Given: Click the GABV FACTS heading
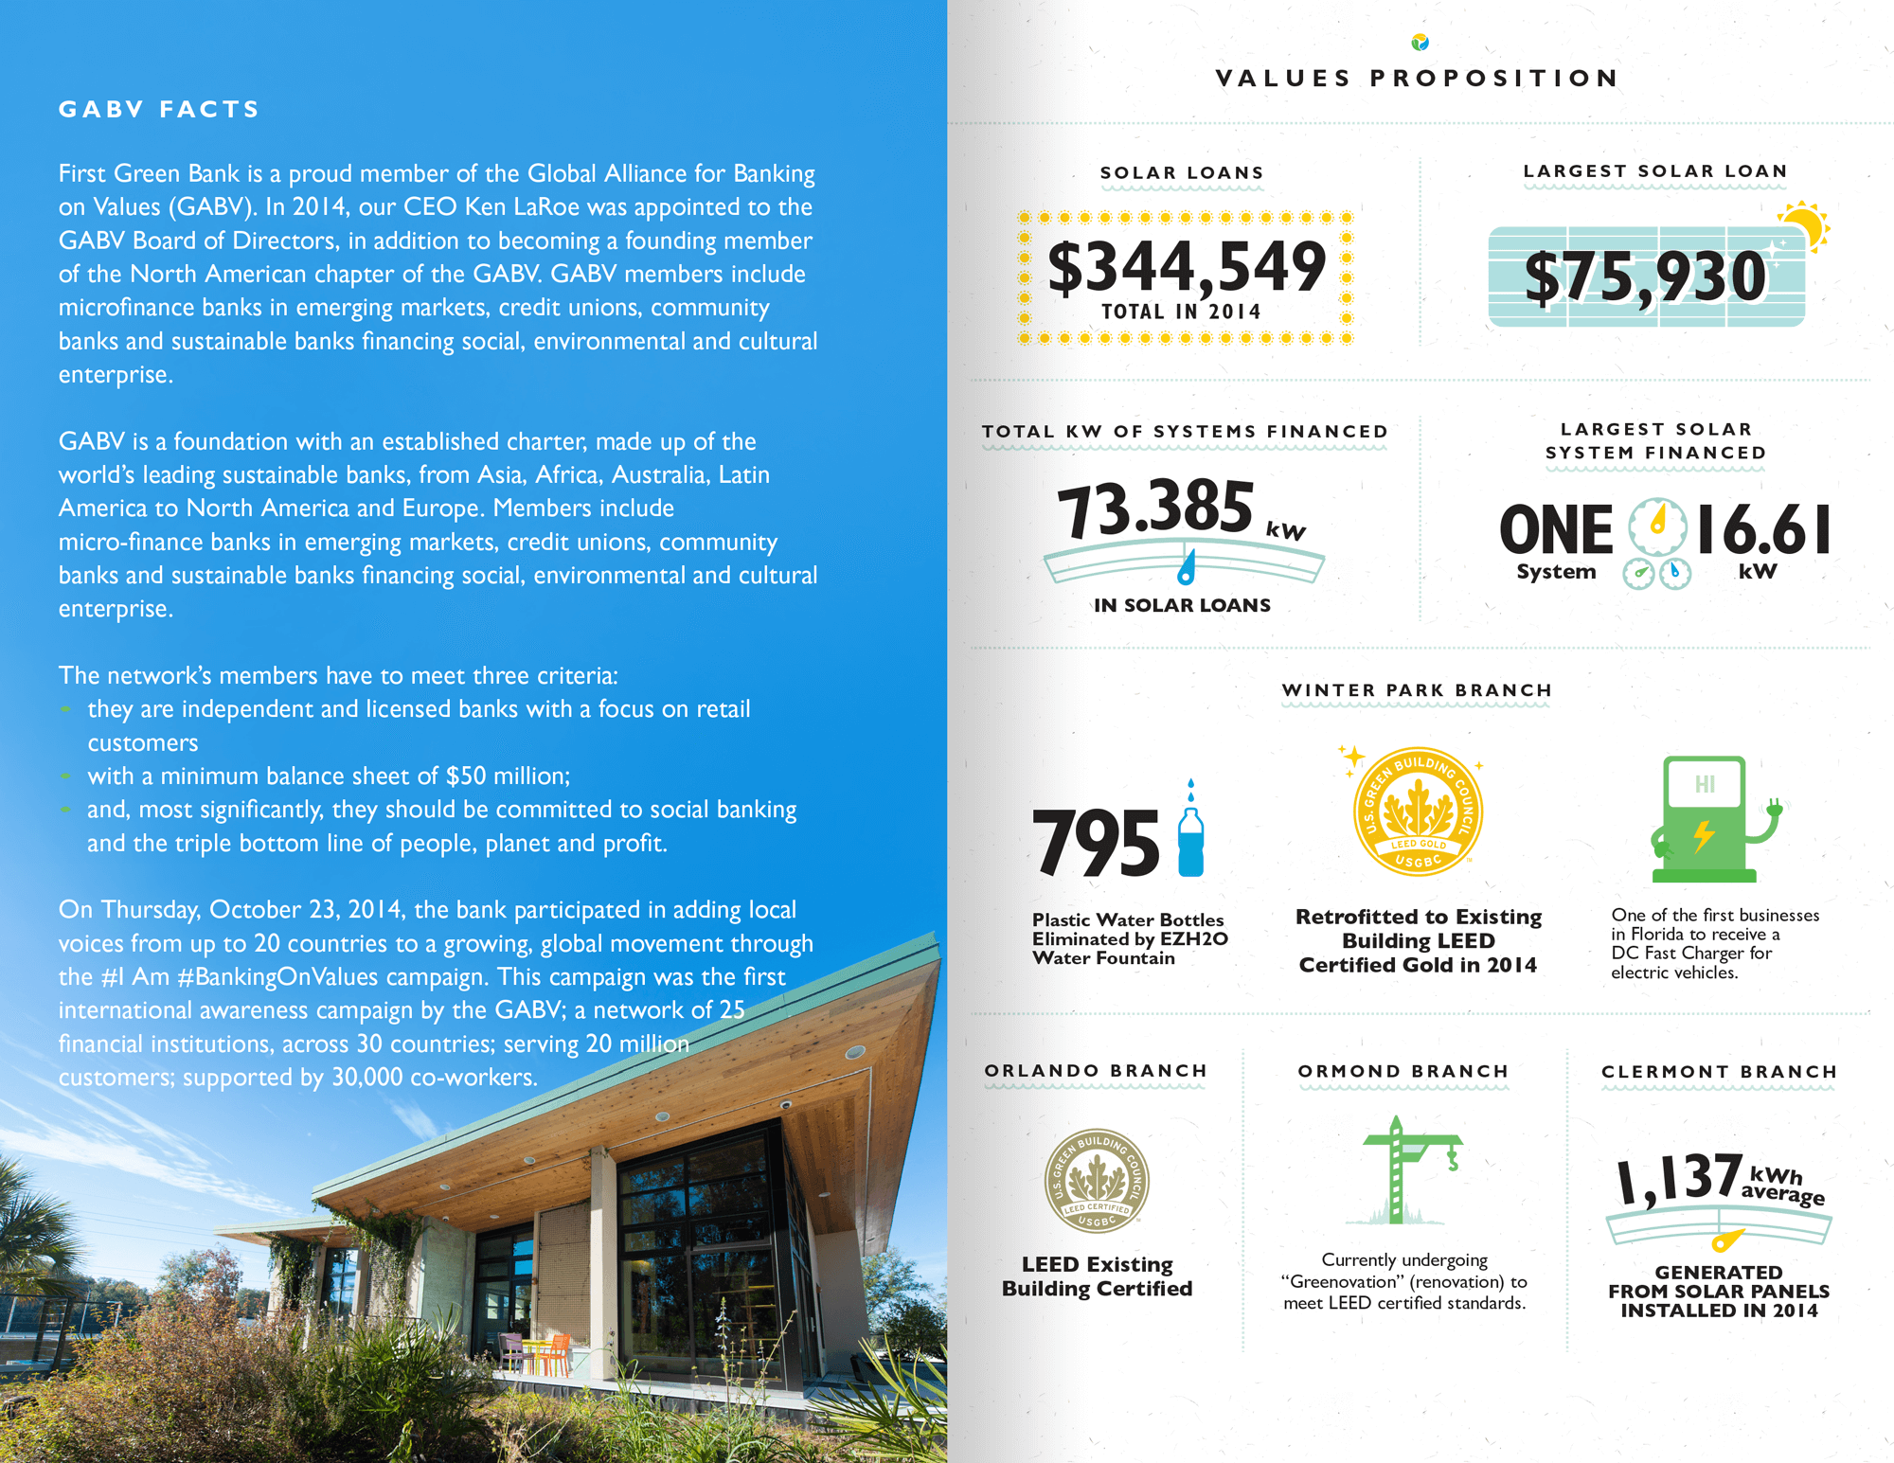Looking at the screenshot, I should coord(159,110).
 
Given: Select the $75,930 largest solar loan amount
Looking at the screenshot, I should coord(1645,277).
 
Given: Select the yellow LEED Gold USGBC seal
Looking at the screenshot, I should coord(1418,811).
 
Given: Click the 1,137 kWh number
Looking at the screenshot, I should coord(1679,1179).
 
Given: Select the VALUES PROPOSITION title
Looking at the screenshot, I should coord(1418,79).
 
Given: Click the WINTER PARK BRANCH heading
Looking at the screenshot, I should coord(1417,690).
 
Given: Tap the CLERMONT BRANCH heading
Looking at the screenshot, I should coord(1719,1072).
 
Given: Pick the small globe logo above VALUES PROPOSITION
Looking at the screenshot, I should coord(1420,42).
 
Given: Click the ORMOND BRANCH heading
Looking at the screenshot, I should coord(1403,1071).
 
